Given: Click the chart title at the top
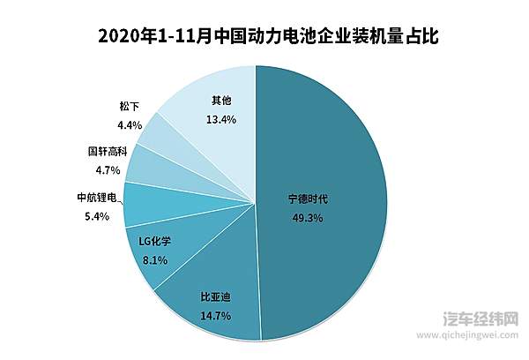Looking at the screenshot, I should click(264, 36).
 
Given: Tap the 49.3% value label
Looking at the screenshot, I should click(309, 218).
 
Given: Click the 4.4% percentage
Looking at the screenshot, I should click(129, 124).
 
